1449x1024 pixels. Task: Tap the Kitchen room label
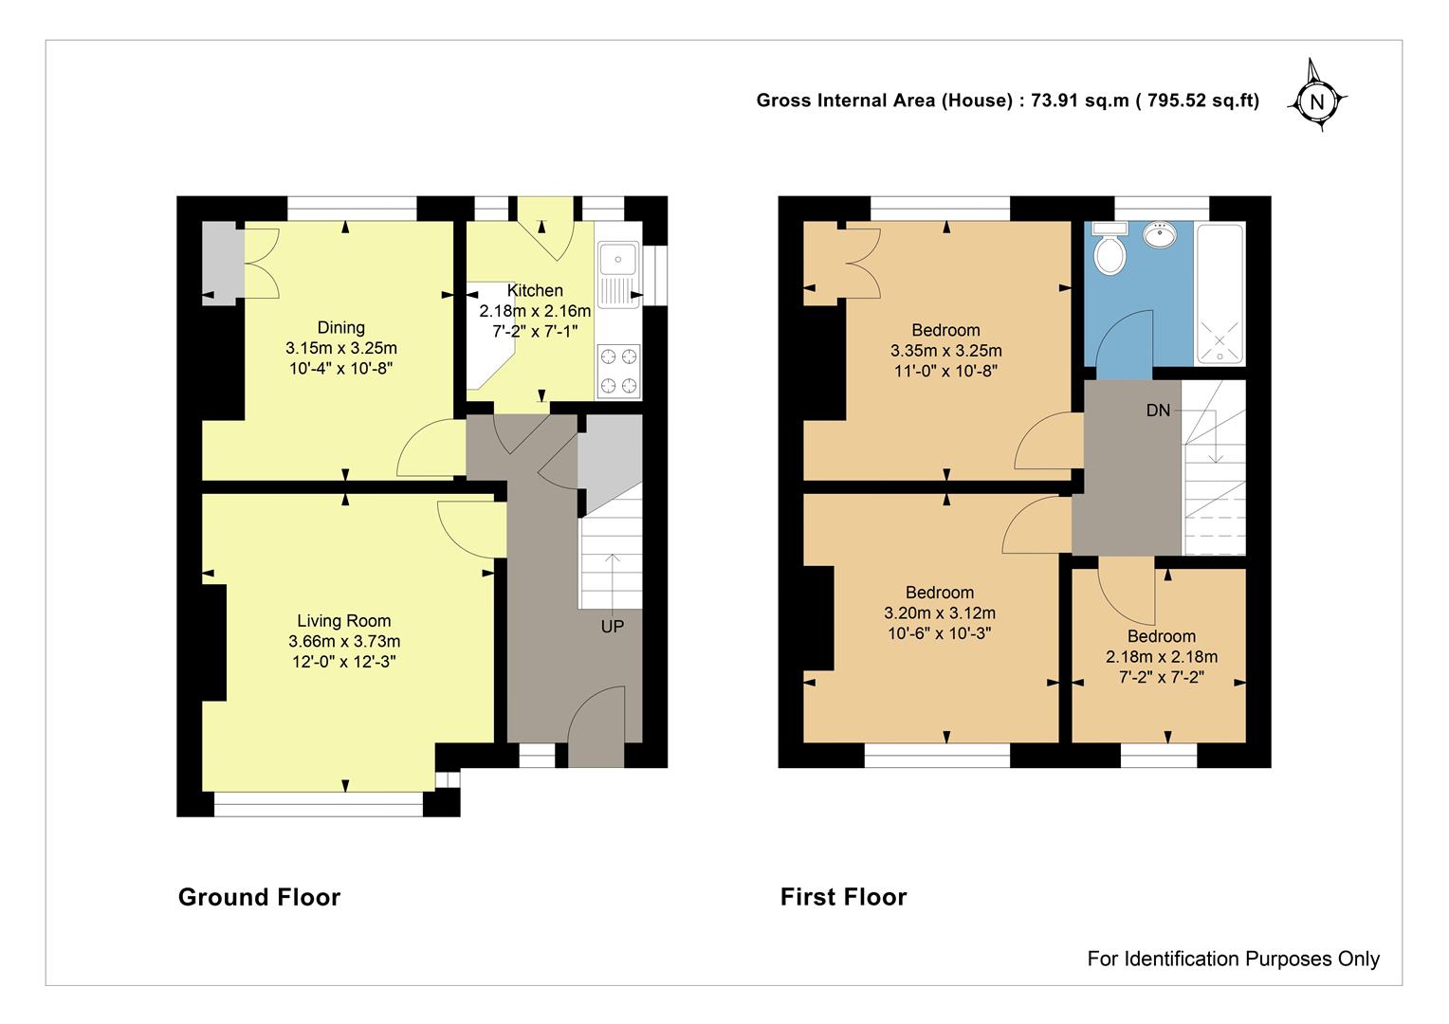pyautogui.click(x=534, y=290)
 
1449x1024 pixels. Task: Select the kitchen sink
pyautogui.click(x=618, y=274)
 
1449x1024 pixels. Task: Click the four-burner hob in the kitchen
pyautogui.click(x=618, y=371)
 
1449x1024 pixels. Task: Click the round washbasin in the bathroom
pyautogui.click(x=1160, y=235)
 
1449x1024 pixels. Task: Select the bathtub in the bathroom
pyautogui.click(x=1220, y=294)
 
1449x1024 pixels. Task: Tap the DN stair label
pyautogui.click(x=1158, y=411)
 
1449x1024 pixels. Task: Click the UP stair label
pyautogui.click(x=612, y=626)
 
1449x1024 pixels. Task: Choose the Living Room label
pyautogui.click(x=343, y=620)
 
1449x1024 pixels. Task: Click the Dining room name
pyautogui.click(x=340, y=327)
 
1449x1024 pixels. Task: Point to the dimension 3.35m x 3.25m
pyautogui.click(x=945, y=351)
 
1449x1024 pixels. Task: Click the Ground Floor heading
pyautogui.click(x=259, y=897)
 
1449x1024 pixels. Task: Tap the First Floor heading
pyautogui.click(x=844, y=897)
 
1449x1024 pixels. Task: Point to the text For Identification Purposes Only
pyautogui.click(x=1233, y=958)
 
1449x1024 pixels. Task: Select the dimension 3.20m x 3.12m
pyautogui.click(x=939, y=613)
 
